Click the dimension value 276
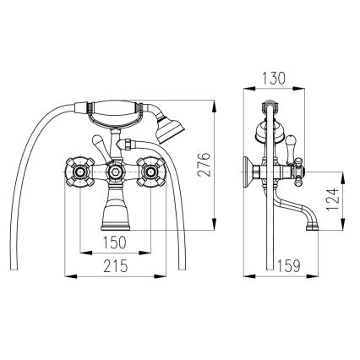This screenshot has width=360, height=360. [x=204, y=165]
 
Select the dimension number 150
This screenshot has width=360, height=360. [x=114, y=242]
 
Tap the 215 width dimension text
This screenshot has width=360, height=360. [x=116, y=266]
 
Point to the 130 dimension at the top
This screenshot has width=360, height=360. [x=274, y=79]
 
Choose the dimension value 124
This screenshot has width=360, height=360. [x=333, y=199]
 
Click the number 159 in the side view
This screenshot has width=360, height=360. [x=289, y=266]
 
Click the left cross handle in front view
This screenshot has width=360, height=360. [x=79, y=172]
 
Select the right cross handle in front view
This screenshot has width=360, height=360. [x=151, y=172]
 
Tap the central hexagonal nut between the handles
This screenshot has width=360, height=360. [x=115, y=172]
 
